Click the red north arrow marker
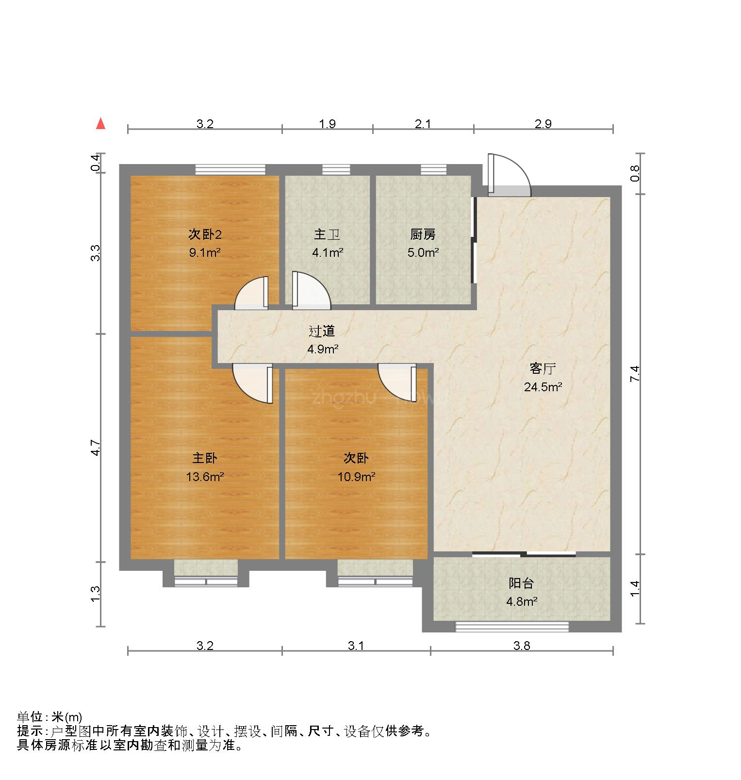tap(100, 124)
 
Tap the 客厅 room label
tap(542, 369)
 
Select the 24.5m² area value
tap(543, 387)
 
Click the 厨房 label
tap(423, 234)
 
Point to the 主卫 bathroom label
tap(327, 234)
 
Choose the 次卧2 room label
tap(205, 234)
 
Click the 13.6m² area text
tap(205, 476)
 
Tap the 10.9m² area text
tap(356, 476)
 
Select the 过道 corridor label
tap(322, 331)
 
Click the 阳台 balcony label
tap(521, 583)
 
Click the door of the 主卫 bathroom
tap(311, 291)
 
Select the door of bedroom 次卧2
tap(251, 293)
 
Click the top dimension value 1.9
tap(328, 124)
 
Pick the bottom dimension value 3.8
tap(522, 646)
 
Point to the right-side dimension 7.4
tap(636, 374)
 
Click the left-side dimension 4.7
tap(96, 448)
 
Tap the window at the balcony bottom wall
tap(511, 627)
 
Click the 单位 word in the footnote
tap(29, 717)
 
